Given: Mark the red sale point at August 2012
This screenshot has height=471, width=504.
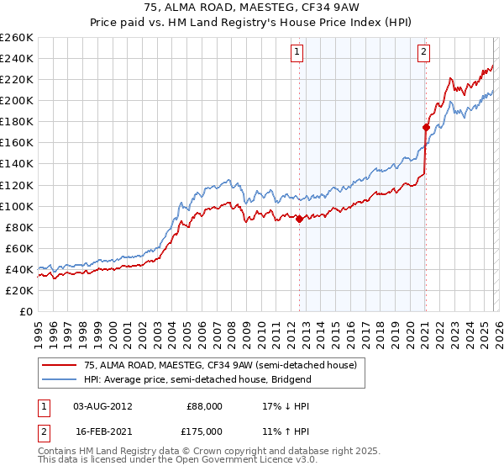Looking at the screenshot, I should pyautogui.click(x=299, y=219).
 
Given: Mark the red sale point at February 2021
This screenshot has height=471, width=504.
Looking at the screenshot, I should pyautogui.click(x=426, y=127).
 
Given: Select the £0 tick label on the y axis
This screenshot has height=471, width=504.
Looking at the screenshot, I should pyautogui.click(x=27, y=311).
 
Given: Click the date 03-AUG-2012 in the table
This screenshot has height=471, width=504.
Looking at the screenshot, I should pyautogui.click(x=102, y=405).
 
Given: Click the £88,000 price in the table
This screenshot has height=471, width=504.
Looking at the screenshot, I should pyautogui.click(x=204, y=405).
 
